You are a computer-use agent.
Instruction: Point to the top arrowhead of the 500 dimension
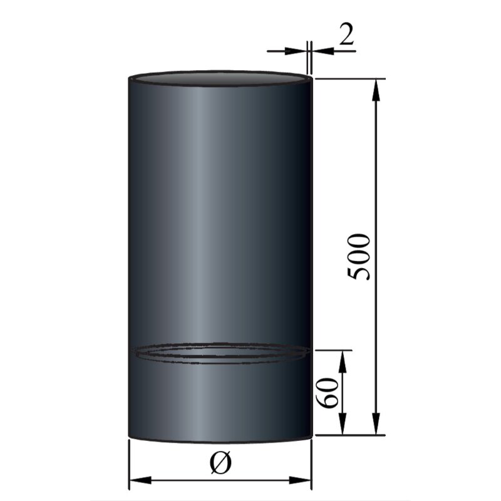tap(376, 88)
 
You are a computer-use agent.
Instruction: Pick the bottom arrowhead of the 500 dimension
tap(376, 426)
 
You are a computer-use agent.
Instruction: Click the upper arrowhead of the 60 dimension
tap(343, 358)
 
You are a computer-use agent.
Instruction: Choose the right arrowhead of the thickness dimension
tap(316, 49)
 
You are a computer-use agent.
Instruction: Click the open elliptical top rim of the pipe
tap(219, 76)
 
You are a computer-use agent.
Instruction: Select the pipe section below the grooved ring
tap(219, 401)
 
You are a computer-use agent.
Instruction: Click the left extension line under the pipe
tap(128, 463)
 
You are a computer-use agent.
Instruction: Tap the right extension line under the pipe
tap(312, 463)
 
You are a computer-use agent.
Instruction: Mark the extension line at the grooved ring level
tap(332, 350)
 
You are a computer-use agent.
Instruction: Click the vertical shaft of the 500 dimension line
tap(376, 188)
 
